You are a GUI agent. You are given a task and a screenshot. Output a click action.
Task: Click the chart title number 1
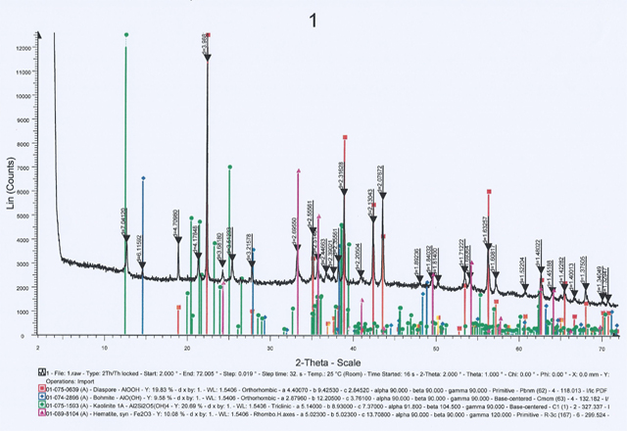(313, 21)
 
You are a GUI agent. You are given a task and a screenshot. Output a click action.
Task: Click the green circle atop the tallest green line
(126, 35)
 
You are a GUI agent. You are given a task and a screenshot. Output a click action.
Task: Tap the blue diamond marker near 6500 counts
(143, 178)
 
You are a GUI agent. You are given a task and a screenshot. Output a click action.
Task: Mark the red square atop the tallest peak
(208, 35)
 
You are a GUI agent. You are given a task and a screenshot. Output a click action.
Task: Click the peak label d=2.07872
(381, 180)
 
